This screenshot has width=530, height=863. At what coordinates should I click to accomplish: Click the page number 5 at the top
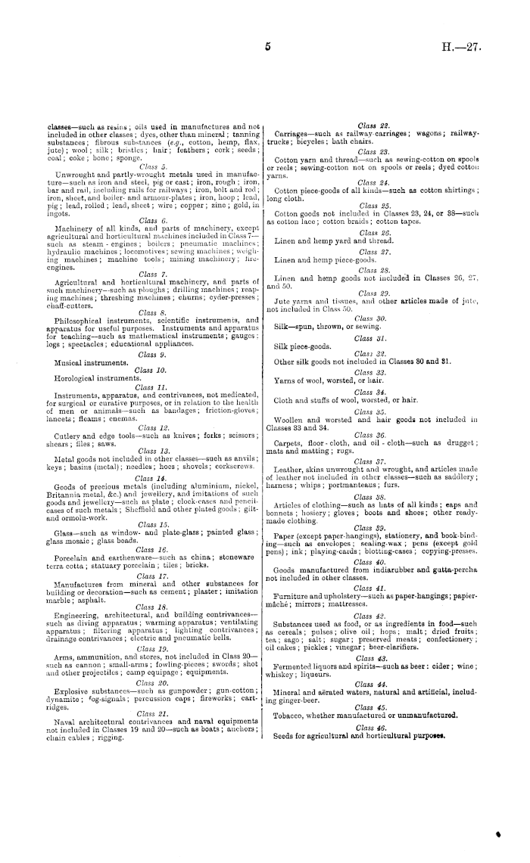pos(267,46)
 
